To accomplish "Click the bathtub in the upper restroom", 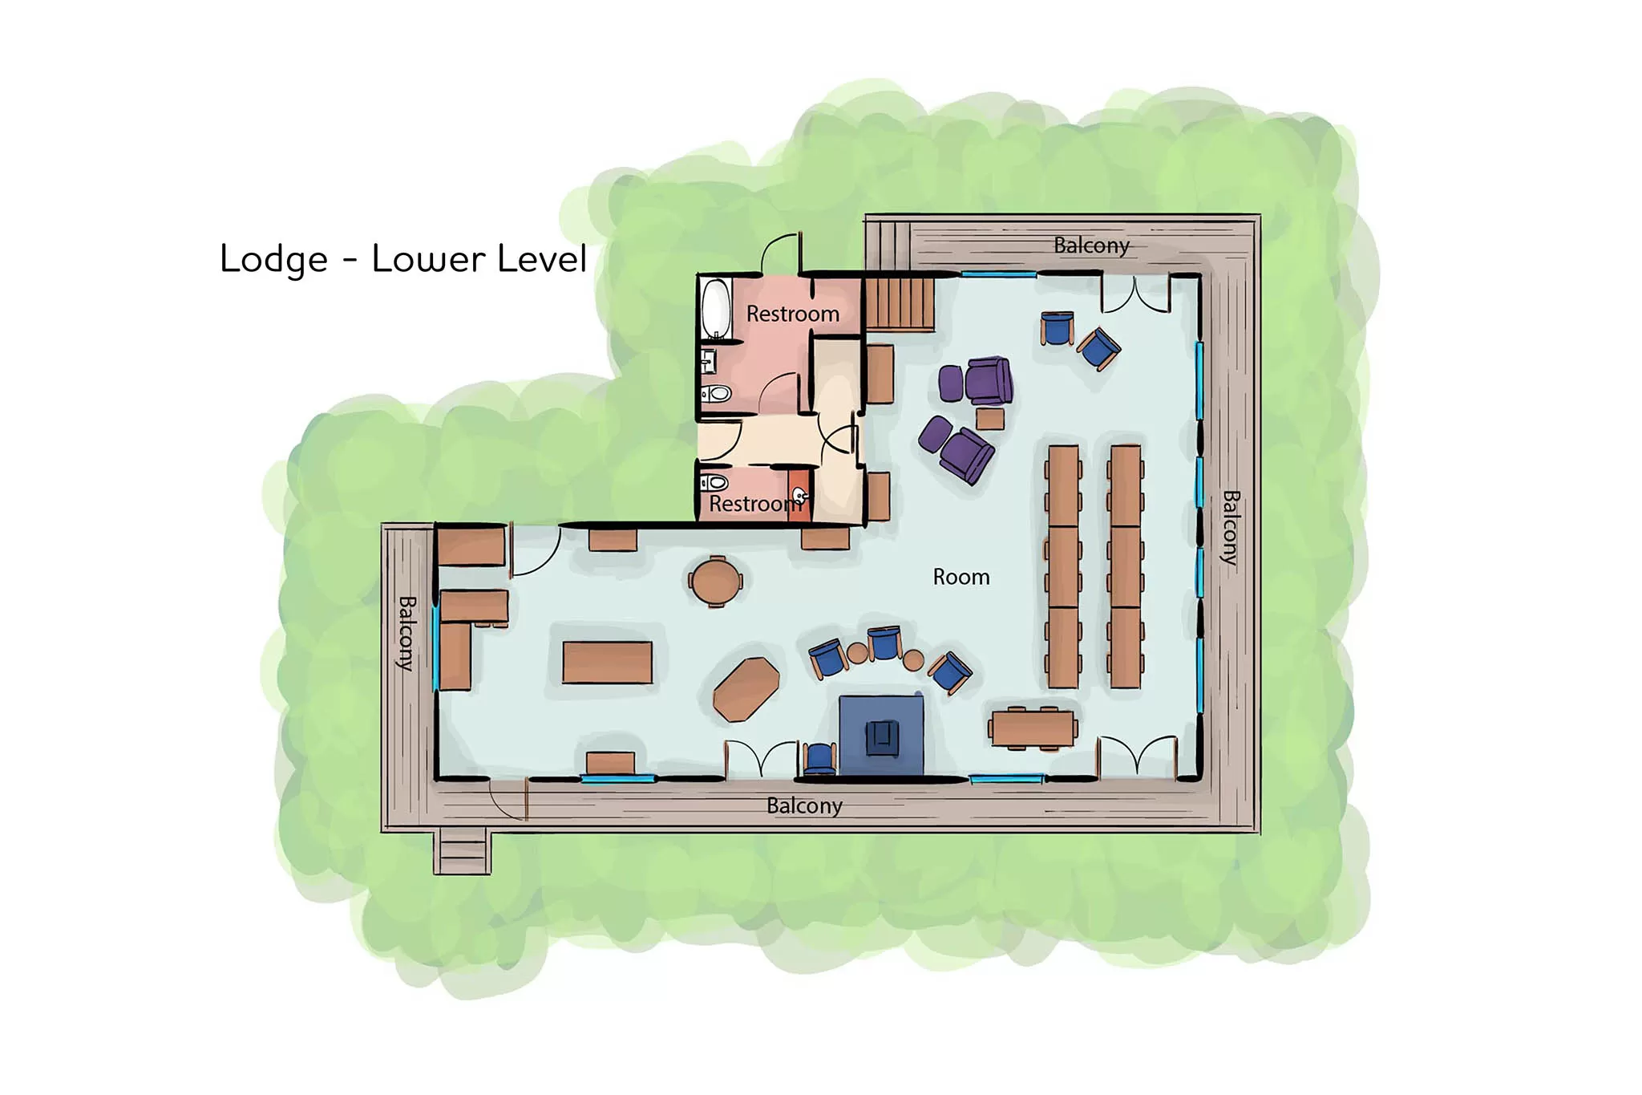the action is tap(715, 309).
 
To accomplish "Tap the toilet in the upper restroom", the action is tap(716, 394).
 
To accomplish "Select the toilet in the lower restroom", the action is tap(714, 483).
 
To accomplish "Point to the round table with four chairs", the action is tap(716, 581).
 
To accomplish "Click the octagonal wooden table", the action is tap(746, 689).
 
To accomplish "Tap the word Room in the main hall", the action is tap(961, 577).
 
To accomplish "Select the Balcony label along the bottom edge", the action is tap(804, 805).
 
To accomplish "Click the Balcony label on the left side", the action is tap(406, 633).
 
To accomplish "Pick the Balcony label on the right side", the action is tap(1231, 528).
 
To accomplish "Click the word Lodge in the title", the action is tap(273, 260).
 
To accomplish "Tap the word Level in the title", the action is tap(542, 258).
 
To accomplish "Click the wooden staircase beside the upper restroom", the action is tap(900, 302).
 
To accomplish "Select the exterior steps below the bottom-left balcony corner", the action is tap(463, 853).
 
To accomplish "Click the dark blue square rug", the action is tap(881, 735).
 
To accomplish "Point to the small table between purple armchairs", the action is tap(990, 419).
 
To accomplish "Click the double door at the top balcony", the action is tap(1136, 294).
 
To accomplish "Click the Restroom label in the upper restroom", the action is tap(793, 314).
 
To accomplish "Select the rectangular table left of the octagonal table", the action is tap(607, 662).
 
